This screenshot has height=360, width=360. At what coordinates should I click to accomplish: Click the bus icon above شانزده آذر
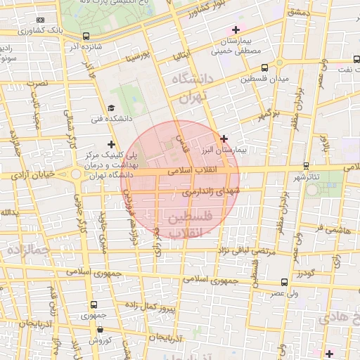click(86, 36)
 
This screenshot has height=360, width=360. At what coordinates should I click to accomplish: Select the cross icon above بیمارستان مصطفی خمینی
click(236, 30)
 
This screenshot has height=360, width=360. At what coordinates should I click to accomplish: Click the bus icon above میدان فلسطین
click(264, 68)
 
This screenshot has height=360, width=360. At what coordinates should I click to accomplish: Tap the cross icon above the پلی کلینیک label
click(110, 144)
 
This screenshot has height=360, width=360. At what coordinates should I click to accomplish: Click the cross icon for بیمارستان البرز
click(224, 139)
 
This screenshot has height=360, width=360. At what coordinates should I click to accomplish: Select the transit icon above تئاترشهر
click(305, 166)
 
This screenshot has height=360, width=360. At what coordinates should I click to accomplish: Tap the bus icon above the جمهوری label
click(94, 304)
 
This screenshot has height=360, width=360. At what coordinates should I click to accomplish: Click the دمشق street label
click(299, 13)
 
